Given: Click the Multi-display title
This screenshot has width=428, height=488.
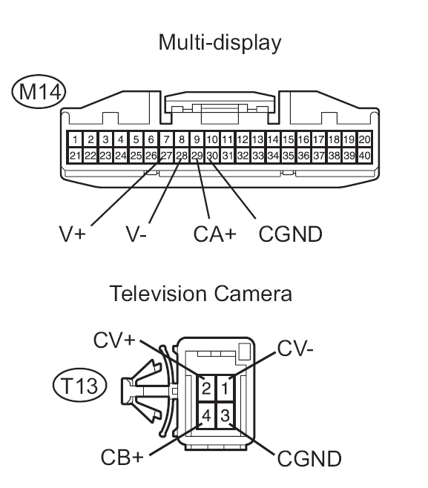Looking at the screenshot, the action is pos(220,42).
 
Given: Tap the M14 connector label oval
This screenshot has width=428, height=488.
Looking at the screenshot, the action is pos(39,91).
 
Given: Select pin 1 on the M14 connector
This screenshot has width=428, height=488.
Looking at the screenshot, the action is pos(75,139).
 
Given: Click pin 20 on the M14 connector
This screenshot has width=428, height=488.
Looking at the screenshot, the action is pos(364,139).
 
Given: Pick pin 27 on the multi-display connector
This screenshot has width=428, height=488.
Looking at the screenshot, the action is pos(167,155).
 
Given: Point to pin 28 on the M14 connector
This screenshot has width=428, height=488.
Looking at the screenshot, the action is pos(182,155).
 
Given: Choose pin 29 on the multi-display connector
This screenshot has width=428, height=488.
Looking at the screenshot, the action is pos(197,155).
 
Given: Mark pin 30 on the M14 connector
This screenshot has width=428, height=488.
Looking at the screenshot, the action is pos(212,155).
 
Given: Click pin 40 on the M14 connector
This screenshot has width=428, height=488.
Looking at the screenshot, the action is pos(364,155).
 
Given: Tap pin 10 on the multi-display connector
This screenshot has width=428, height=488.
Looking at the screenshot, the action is pos(212,139).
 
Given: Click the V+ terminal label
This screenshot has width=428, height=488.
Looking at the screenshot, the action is pos(72,234).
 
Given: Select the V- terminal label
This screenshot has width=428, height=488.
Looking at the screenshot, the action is pos(136,234).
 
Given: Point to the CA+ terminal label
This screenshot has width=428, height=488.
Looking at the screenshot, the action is pos(215,234).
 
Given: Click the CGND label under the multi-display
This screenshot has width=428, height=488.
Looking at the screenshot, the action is pos(291,234).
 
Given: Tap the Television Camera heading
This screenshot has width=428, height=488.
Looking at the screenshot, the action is pos(201,294).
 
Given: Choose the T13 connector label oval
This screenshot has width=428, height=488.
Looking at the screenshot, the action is pos(79,386).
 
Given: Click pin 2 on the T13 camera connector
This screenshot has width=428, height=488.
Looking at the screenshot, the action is pos(206,388).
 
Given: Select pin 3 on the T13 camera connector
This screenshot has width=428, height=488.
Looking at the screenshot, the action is pos(225,415).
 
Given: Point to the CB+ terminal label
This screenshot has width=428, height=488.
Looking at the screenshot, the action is pos(122,457).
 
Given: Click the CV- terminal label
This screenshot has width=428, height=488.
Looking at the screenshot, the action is pos(295,349).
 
